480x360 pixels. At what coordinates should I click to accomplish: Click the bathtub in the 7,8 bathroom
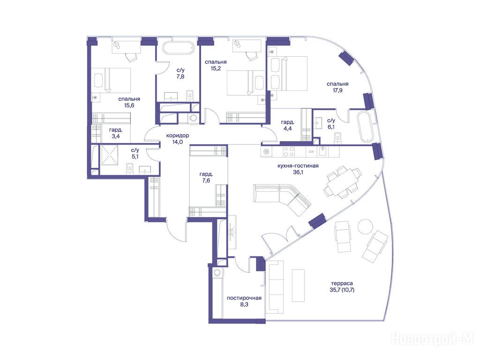click(178, 48)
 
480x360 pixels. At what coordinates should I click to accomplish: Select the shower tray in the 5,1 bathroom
click(109, 155)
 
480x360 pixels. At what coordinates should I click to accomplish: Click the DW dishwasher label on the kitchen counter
click(311, 151)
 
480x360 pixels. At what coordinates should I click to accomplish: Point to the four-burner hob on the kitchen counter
click(289, 152)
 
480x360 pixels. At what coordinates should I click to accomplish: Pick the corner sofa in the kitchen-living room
click(282, 199)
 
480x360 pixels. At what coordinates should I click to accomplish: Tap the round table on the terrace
click(366, 226)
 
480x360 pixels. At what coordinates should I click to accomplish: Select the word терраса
click(342, 284)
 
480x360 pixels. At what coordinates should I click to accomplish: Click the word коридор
click(178, 135)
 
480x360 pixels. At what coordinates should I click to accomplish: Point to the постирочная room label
click(244, 298)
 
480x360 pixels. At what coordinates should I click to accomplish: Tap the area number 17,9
click(337, 90)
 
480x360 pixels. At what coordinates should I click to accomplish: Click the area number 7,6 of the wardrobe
click(206, 180)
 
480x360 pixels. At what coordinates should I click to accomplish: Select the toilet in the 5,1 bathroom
click(129, 168)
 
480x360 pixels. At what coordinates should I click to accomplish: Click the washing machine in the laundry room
click(217, 272)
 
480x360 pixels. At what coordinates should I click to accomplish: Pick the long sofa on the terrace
click(276, 287)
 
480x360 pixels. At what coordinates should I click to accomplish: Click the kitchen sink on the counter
click(323, 151)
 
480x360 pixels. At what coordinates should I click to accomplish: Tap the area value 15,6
click(129, 105)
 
